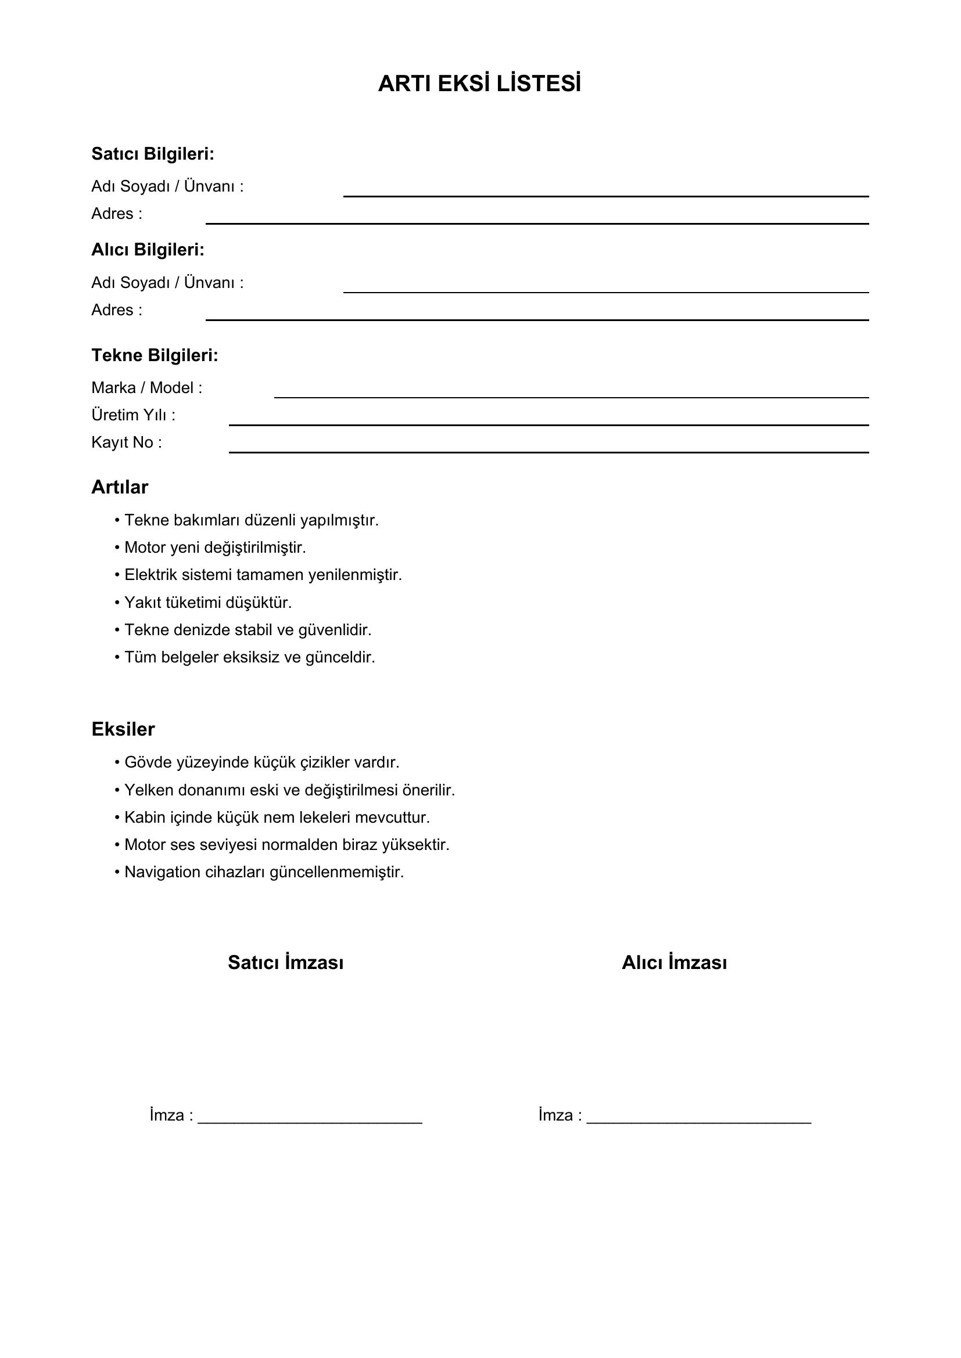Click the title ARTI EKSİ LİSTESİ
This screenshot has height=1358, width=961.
click(x=479, y=84)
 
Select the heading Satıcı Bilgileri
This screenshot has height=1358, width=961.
click(x=152, y=154)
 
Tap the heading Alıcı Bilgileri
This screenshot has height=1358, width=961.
click(x=148, y=250)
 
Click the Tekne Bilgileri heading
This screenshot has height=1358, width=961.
click(x=155, y=355)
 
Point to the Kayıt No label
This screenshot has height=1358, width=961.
click(x=126, y=442)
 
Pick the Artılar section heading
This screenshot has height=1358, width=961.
click(x=120, y=487)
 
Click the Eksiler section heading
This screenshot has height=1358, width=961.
click(x=123, y=729)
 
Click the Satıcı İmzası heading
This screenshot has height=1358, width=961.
click(x=285, y=963)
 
